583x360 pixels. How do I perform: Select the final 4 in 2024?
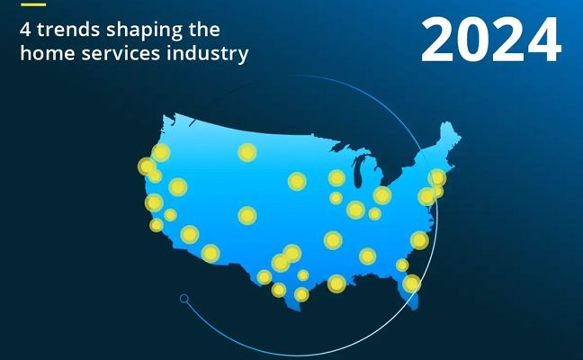point(543,40)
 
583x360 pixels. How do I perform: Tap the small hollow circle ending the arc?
point(184,298)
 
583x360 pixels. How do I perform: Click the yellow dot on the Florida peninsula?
point(411,283)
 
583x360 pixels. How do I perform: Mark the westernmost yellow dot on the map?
point(147,166)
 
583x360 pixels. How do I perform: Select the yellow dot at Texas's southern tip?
point(301,294)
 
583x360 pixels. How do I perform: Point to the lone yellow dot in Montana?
point(247,152)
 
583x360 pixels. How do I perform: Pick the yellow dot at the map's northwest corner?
point(161,152)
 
